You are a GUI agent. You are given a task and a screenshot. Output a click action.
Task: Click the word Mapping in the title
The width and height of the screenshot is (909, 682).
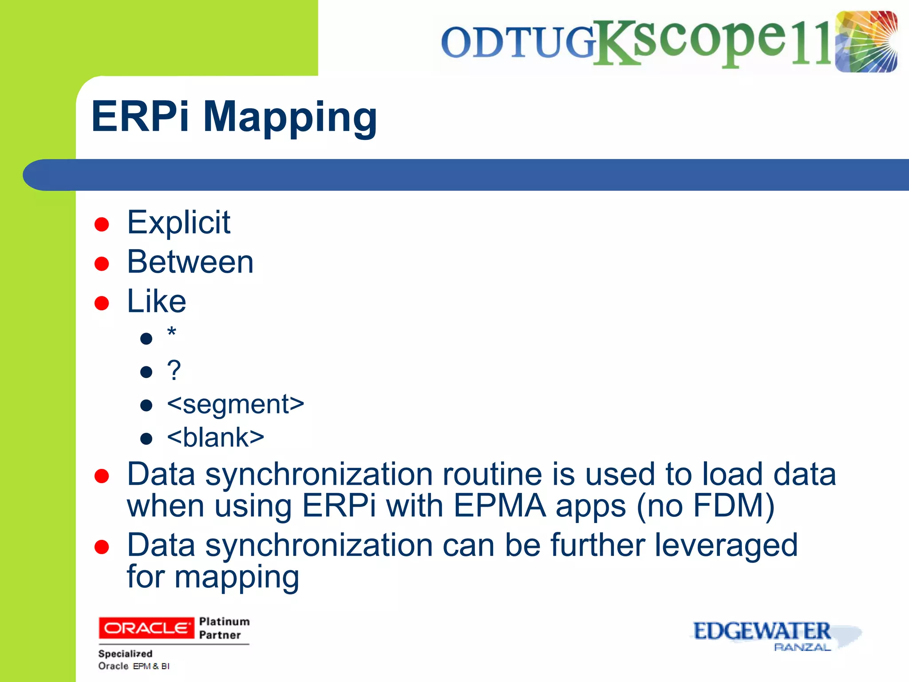[x=290, y=117]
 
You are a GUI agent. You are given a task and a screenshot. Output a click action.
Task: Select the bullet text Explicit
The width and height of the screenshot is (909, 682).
[x=178, y=222]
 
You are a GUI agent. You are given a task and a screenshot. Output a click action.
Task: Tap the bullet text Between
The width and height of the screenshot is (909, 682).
[x=190, y=262]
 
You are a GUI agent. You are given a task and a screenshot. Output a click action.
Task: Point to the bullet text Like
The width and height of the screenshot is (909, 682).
[x=156, y=301]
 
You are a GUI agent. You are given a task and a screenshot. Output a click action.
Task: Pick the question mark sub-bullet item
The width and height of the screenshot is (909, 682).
[x=174, y=370]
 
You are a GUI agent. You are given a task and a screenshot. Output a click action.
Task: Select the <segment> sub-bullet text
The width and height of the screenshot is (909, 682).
[x=235, y=404]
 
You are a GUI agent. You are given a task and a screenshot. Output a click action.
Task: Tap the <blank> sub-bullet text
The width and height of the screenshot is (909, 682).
[x=215, y=437]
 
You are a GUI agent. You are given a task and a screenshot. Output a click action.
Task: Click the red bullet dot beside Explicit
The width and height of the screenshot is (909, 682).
[x=102, y=224]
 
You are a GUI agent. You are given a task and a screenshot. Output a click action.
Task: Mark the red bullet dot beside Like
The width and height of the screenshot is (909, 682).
[x=102, y=303]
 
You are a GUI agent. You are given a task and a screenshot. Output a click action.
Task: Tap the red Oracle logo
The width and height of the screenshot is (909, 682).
[x=146, y=627]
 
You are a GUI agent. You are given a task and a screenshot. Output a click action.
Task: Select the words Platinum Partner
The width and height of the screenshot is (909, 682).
[x=224, y=628]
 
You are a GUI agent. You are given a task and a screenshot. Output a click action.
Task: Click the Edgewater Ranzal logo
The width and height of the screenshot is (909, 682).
[x=775, y=636]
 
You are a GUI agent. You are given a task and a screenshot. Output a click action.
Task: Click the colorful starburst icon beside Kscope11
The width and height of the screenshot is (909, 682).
[x=866, y=42]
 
